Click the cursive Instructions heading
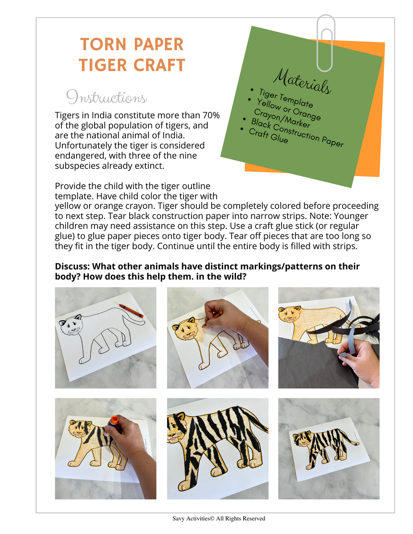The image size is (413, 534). point(106,97)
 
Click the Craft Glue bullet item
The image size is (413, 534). point(268,137)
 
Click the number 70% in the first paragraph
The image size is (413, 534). point(208,116)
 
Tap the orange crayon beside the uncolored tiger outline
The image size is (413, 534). point(131,311)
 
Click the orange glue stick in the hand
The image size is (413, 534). point(113,421)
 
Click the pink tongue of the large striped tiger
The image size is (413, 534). point(172,439)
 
